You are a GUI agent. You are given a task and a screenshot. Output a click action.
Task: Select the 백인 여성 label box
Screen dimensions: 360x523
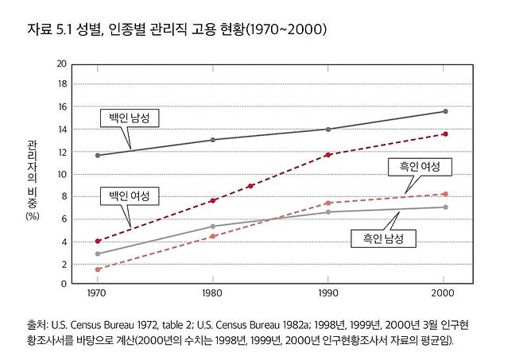(129, 195)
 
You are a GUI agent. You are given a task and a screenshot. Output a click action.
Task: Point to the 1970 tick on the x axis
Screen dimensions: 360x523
(97, 294)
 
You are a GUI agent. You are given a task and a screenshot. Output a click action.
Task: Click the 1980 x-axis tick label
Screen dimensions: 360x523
(213, 294)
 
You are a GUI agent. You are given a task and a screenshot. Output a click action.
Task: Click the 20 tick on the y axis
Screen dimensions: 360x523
(61, 63)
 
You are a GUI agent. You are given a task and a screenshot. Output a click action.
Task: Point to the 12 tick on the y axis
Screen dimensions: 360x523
(61, 152)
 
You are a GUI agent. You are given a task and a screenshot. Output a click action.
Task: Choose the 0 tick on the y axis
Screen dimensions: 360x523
(63, 284)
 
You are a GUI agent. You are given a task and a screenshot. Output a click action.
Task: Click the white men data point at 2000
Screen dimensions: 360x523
(445, 111)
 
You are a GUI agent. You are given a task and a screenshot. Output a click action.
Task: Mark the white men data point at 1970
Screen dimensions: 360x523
(97, 155)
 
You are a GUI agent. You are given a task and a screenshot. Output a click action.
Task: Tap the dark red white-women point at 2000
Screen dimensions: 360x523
(445, 134)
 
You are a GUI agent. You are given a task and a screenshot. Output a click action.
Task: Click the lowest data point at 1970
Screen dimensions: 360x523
(97, 269)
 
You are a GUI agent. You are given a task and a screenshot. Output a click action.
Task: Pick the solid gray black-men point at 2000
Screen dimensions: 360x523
(445, 207)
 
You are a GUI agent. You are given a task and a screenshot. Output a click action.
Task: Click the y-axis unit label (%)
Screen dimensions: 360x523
(32, 215)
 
